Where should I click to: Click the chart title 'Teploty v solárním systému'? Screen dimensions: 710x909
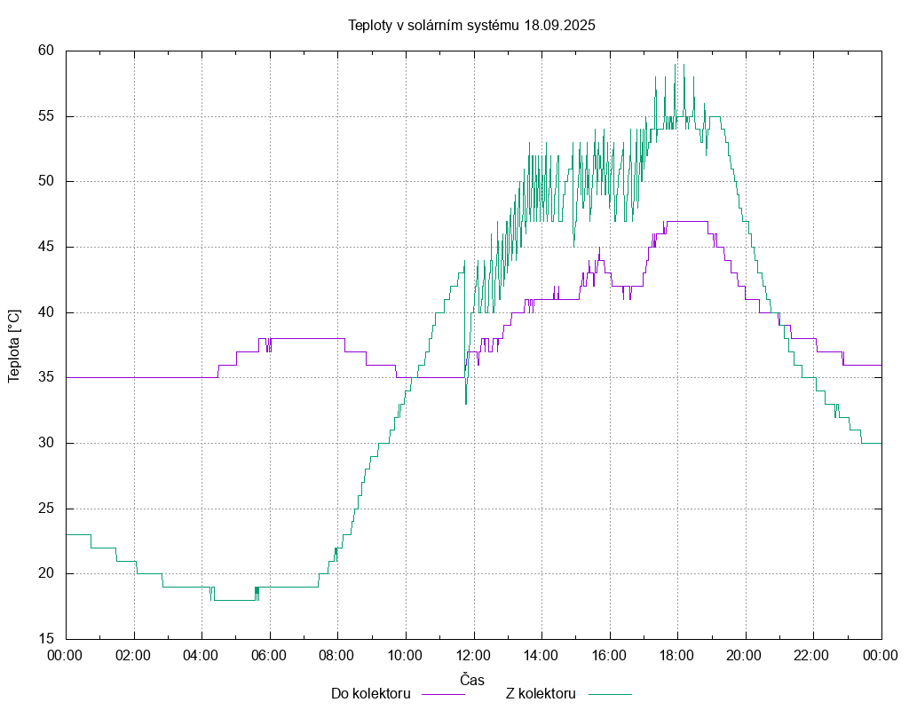pos(434,25)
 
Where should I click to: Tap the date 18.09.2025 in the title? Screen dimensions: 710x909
pos(559,25)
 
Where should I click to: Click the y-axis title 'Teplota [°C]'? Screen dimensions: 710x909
pos(14,346)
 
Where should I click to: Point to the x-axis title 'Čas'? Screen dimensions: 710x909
pos(472,680)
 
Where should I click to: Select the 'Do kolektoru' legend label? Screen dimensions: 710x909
pos(370,693)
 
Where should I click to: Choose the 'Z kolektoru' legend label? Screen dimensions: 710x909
pos(541,693)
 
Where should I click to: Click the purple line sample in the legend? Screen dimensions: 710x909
pos(443,693)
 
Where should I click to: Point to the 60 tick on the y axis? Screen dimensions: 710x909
pos(47,51)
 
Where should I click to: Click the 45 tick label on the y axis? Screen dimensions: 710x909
pos(47,247)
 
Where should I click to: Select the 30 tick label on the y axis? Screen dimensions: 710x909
pos(47,443)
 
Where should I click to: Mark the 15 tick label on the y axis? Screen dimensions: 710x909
pos(47,639)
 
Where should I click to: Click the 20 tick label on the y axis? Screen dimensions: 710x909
pos(47,573)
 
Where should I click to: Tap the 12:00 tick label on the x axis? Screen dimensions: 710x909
pos(473,656)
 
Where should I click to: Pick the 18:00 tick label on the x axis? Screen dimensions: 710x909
pos(677,656)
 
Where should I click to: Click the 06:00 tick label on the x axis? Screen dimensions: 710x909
pos(269,656)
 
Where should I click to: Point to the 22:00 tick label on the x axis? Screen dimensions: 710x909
pos(813,656)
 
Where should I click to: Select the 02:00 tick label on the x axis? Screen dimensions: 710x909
pos(133,656)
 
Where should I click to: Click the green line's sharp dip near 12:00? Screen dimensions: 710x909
pos(465,403)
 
